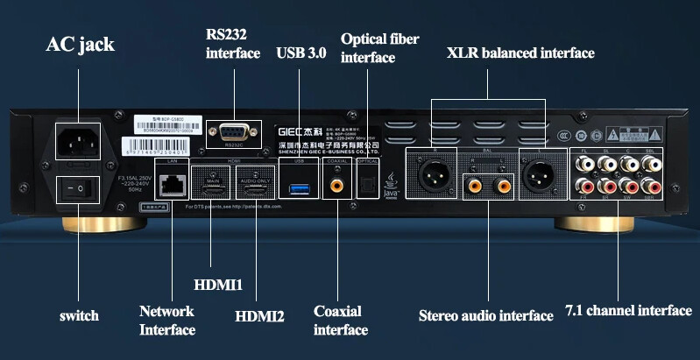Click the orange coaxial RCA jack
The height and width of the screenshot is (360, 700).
click(x=336, y=186)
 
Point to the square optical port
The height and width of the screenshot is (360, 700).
click(x=368, y=185)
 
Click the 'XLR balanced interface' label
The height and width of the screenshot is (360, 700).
click(x=520, y=53)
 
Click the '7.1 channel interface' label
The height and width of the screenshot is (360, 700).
click(x=628, y=311)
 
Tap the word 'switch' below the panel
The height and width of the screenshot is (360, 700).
click(x=79, y=315)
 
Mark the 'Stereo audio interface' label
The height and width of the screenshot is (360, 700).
click(x=485, y=315)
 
